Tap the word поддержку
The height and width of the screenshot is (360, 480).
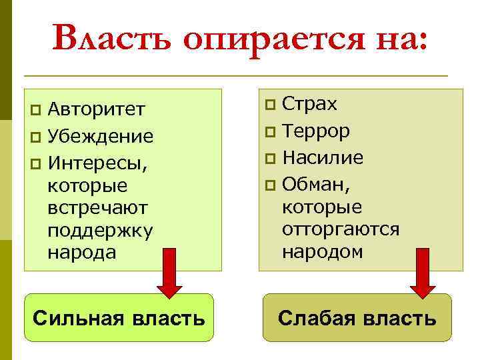click(x=101, y=231)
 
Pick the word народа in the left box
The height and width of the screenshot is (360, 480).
click(x=82, y=253)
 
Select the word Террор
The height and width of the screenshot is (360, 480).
click(x=316, y=131)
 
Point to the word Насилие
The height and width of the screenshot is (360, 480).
click(x=323, y=158)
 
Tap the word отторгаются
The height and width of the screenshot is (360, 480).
click(x=341, y=229)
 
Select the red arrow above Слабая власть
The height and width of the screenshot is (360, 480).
click(x=422, y=271)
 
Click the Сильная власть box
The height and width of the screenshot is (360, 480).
click(x=119, y=318)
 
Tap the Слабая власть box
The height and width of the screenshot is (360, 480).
click(x=357, y=318)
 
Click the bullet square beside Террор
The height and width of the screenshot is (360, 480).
click(x=269, y=132)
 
